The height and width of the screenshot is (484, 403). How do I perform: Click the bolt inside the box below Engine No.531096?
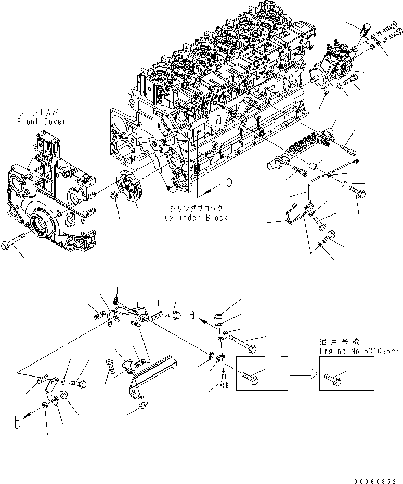(334, 377)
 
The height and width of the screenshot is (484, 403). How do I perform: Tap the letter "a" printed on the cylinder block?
(219, 119)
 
